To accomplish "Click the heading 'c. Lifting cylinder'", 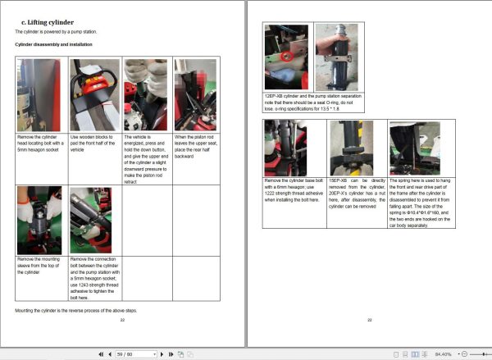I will pos(40,21).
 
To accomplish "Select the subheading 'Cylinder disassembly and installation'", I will pos(53,43).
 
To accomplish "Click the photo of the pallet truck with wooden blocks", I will pos(94,95).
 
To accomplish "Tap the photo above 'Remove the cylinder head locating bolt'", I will pos(41,95).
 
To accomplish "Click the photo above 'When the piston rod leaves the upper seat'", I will pos(194,95).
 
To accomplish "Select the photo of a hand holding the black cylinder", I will pos(336,57).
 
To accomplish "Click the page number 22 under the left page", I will pos(123,321).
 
